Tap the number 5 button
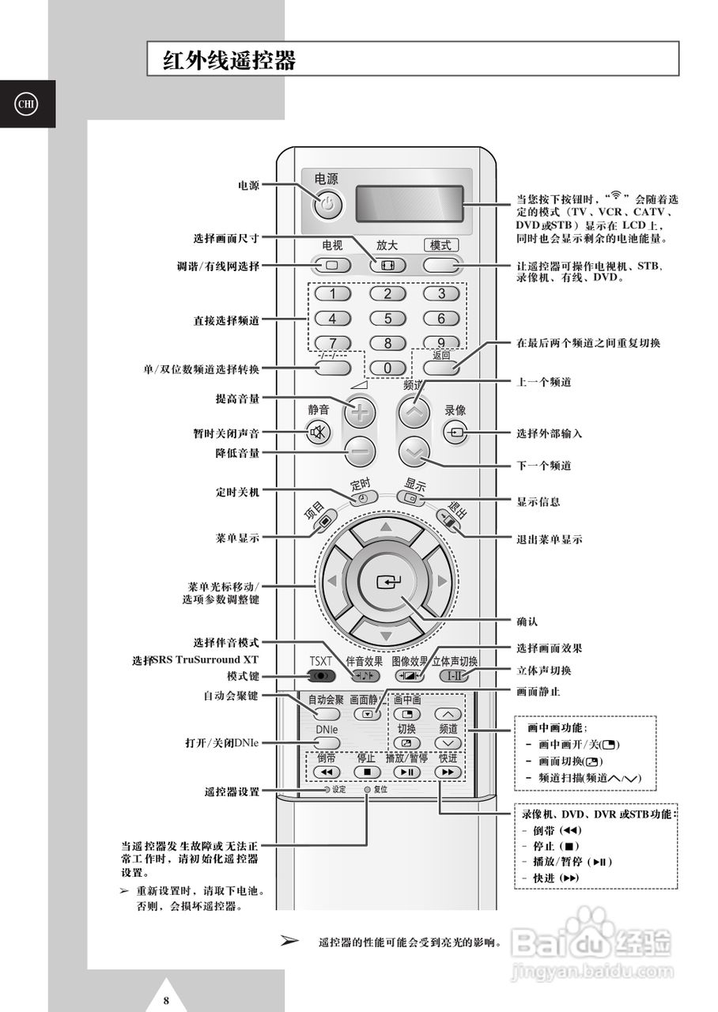[x=387, y=319]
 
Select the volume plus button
[x=360, y=412]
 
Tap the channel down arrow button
[x=414, y=452]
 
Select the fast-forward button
[x=447, y=772]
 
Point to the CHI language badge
[x=27, y=104]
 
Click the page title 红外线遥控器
[x=229, y=61]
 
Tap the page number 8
[x=167, y=1000]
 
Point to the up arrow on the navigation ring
[x=386, y=527]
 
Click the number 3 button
[x=441, y=294]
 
